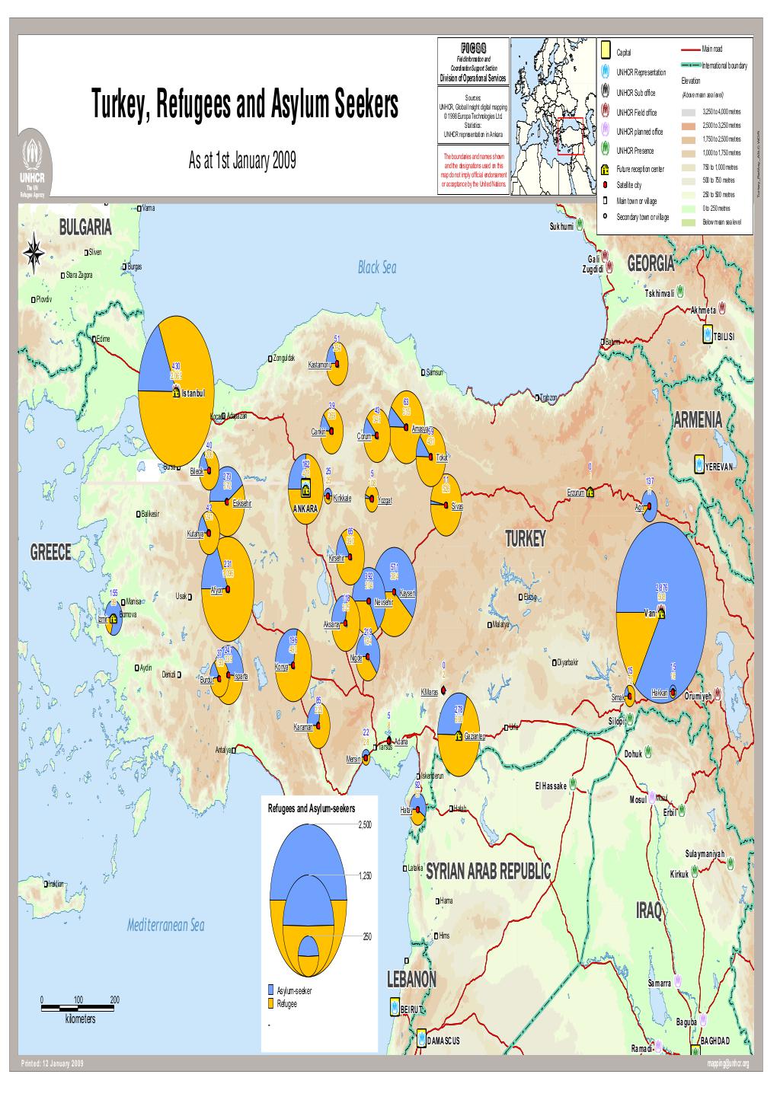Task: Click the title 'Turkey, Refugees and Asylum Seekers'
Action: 245,105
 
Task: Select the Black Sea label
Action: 377,268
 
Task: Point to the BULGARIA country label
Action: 85,228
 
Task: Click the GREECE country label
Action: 50,553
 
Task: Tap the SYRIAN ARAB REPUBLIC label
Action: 487,871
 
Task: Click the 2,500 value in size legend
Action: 366,824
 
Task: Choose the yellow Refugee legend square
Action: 270,1004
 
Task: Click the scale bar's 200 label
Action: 114,999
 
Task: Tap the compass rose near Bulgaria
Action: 34,253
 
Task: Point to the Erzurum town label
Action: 575,492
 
